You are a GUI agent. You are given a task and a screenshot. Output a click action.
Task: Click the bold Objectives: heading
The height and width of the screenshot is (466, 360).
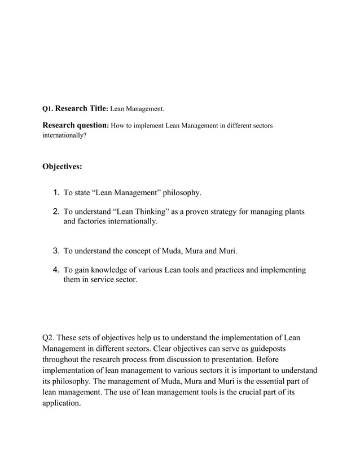point(62,166)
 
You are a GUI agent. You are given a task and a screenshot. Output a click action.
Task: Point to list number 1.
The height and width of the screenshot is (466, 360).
point(56,193)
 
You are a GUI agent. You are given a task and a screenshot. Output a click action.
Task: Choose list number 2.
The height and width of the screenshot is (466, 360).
point(56,212)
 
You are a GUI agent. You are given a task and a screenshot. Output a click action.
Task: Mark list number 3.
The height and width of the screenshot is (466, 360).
point(56,251)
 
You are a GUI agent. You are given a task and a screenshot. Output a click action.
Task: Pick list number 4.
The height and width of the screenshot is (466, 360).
point(56,270)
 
